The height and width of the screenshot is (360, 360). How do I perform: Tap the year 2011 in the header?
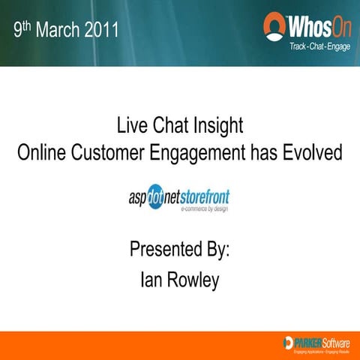click(104, 31)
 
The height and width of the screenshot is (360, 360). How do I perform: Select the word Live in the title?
click(133, 124)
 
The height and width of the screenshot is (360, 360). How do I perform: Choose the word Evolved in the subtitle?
click(313, 152)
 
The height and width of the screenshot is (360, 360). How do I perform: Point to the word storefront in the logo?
click(206, 196)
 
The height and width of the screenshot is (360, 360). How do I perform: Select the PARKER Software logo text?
click(319, 342)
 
